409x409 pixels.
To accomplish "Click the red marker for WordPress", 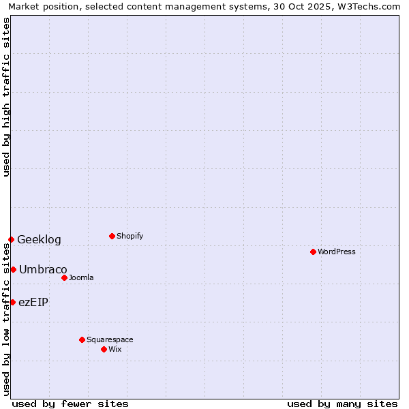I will click(x=313, y=252).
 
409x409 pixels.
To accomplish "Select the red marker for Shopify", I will click(x=112, y=236).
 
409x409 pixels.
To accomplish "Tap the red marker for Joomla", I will click(x=64, y=277).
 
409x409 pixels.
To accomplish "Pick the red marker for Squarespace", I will click(x=82, y=339).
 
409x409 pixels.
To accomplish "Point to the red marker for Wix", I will click(x=104, y=349).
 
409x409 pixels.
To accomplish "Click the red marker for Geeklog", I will click(x=11, y=239).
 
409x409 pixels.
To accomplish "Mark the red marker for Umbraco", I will click(x=13, y=269).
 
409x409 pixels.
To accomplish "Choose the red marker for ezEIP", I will click(x=12, y=302).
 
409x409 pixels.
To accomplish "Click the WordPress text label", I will click(x=337, y=252).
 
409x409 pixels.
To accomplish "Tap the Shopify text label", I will click(x=130, y=236).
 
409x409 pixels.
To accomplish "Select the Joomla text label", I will click(x=81, y=277).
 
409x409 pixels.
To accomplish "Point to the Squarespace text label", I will click(x=110, y=339).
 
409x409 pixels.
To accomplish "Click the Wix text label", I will click(x=115, y=349).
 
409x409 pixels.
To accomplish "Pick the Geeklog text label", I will click(x=39, y=239).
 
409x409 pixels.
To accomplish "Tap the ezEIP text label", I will click(x=33, y=302).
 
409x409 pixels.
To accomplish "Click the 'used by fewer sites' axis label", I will click(x=70, y=404).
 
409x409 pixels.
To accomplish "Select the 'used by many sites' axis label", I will click(x=342, y=404).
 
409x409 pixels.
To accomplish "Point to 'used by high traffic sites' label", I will click(x=6, y=96).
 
